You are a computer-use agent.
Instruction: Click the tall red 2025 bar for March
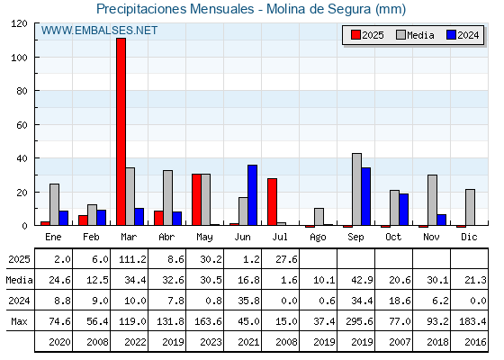click(121, 131)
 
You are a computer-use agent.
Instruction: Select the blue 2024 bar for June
click(252, 195)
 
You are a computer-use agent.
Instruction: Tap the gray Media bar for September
click(356, 189)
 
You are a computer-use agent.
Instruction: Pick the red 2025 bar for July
click(272, 202)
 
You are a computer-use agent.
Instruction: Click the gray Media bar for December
click(470, 207)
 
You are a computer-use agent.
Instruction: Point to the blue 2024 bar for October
click(404, 210)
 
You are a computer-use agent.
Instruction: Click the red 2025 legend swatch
click(355, 35)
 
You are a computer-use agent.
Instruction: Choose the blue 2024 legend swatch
click(451, 35)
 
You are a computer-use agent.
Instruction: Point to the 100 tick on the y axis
click(19, 58)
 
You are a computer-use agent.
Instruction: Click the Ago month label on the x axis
click(318, 238)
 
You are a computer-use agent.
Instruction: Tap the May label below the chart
click(205, 238)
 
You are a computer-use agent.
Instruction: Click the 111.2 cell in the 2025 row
click(132, 259)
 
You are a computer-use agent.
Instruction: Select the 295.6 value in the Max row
click(359, 321)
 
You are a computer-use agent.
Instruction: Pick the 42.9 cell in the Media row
click(362, 280)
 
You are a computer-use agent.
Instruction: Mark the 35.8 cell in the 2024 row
click(248, 301)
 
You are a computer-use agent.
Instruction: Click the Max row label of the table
click(19, 321)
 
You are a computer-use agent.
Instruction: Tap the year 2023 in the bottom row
click(211, 342)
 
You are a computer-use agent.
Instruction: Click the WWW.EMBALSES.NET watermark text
click(99, 31)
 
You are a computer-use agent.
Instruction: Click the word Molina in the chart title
click(286, 9)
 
